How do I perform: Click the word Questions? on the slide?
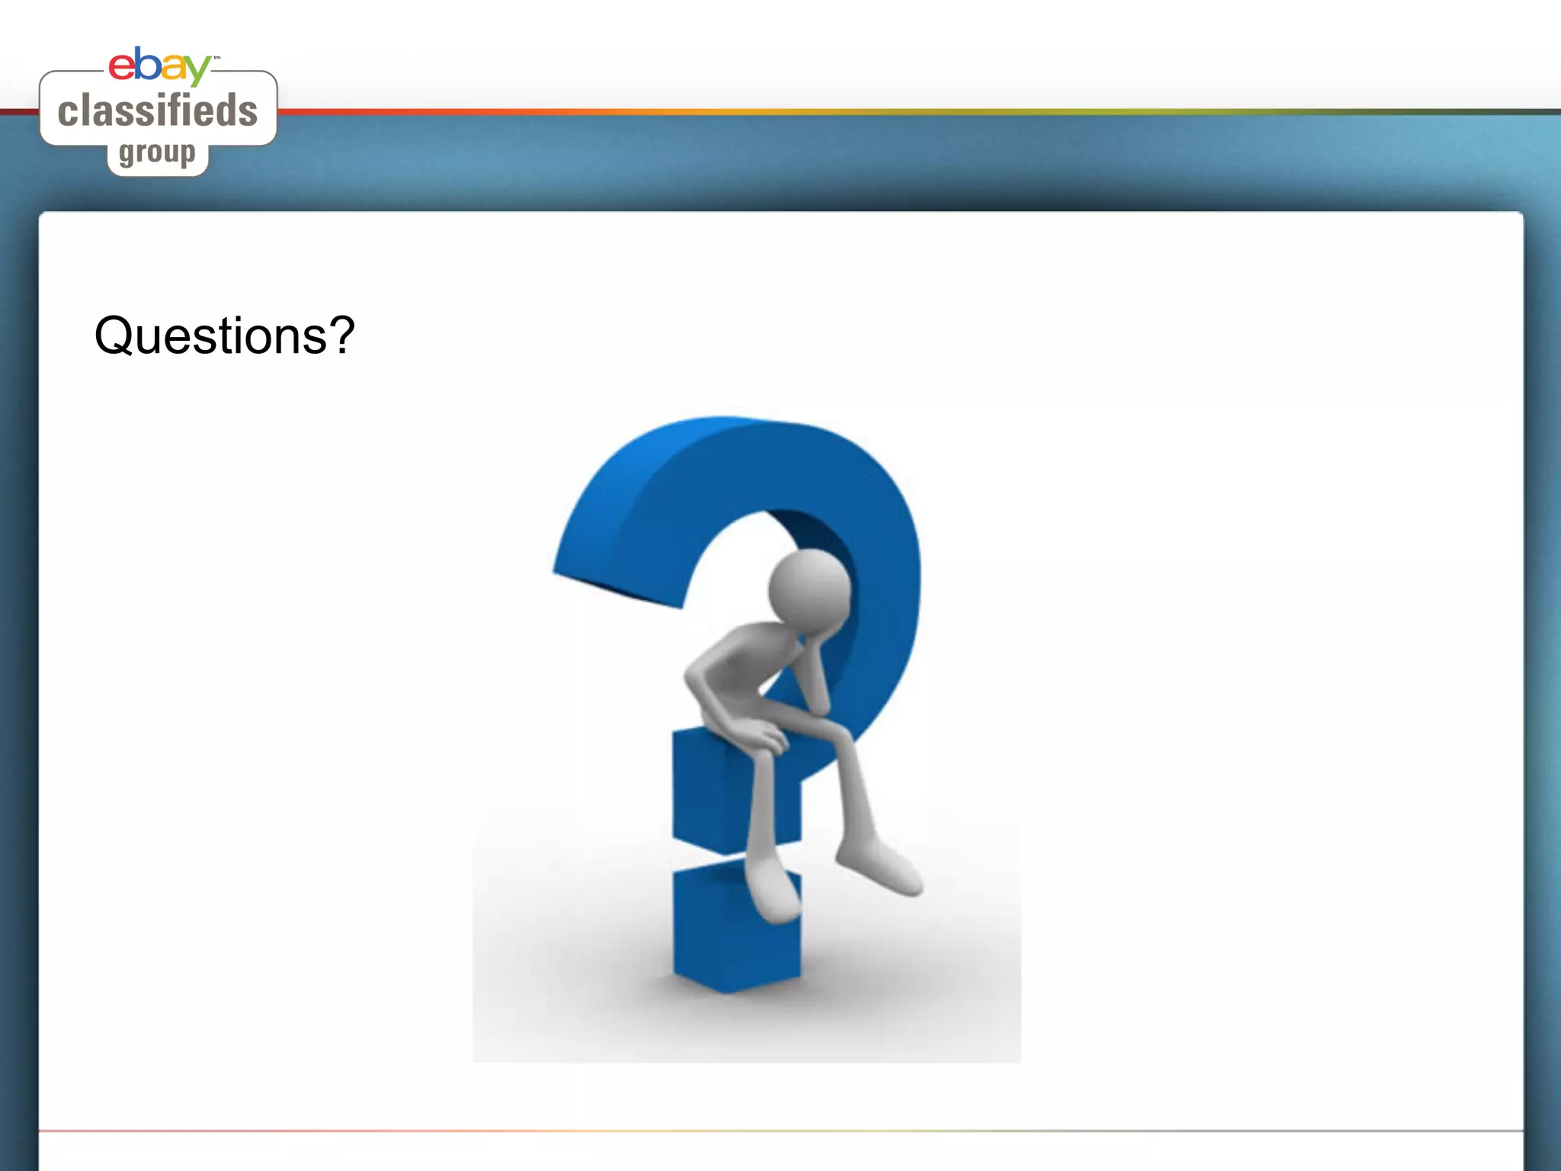224,336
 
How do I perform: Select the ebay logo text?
159,66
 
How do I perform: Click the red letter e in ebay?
122,66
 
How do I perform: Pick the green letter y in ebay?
197,70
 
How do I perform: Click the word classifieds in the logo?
158,111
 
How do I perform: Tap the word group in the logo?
157,153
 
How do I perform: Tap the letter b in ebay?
148,64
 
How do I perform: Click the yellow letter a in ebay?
172,69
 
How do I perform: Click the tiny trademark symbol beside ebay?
216,57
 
